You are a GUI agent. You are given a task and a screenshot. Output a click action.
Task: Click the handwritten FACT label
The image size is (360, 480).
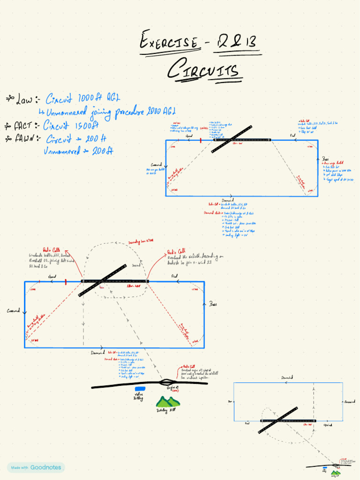coord(22,126)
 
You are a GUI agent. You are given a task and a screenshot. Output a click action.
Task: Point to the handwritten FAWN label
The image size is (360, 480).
coord(23,139)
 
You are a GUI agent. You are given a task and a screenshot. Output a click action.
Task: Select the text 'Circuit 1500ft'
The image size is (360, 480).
coord(71,125)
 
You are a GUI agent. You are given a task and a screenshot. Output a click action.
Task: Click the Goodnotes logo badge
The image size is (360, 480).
coord(36,467)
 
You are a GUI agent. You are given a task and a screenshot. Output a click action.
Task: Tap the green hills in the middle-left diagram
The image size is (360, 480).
coord(167,402)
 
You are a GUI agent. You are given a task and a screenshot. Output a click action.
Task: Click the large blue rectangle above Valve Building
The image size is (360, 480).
coord(140,389)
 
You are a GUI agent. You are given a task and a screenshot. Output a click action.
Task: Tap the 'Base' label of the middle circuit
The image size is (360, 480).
coord(212,304)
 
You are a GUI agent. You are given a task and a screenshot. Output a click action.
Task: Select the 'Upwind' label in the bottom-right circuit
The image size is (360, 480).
coord(328,425)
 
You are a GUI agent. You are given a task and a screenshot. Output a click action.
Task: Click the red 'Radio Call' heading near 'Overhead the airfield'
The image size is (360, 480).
coord(176,252)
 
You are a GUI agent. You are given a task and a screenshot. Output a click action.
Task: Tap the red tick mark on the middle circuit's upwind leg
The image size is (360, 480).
coord(66,282)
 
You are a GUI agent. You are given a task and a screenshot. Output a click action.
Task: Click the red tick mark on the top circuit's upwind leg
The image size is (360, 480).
coord(200,140)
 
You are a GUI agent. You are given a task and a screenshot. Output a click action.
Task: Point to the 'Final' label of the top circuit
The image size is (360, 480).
coord(293,135)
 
